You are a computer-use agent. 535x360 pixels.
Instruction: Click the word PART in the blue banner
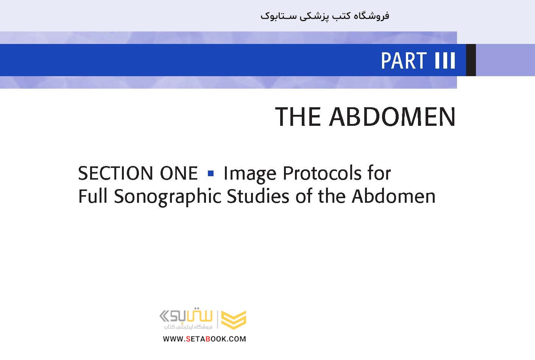pyautogui.click(x=404, y=61)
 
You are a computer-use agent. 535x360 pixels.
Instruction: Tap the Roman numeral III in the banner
pyautogui.click(x=445, y=61)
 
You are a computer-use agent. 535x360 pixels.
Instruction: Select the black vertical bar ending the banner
pyautogui.click(x=471, y=60)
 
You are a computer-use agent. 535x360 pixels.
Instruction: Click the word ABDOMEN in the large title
pyautogui.click(x=392, y=117)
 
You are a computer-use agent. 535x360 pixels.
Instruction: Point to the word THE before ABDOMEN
pyautogui.click(x=298, y=117)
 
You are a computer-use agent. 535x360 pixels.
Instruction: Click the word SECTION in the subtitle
pyautogui.click(x=115, y=173)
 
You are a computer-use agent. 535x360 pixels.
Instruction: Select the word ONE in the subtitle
pyautogui.click(x=179, y=173)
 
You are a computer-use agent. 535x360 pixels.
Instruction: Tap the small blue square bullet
pyautogui.click(x=211, y=173)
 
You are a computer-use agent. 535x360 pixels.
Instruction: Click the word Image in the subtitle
pyautogui.click(x=250, y=174)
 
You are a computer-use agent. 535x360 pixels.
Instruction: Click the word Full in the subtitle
pyautogui.click(x=93, y=196)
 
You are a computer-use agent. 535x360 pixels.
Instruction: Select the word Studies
pyautogui.click(x=258, y=196)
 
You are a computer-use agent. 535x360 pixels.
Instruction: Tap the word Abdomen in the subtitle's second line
pyautogui.click(x=394, y=196)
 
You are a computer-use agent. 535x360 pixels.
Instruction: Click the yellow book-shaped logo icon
pyautogui.click(x=234, y=320)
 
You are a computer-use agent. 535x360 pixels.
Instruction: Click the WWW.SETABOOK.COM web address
pyautogui.click(x=204, y=339)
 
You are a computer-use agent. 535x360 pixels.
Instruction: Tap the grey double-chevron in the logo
pyautogui.click(x=165, y=316)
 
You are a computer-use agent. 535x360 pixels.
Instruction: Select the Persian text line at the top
pyautogui.click(x=325, y=16)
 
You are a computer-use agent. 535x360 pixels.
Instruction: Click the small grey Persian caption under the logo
pyautogui.click(x=188, y=327)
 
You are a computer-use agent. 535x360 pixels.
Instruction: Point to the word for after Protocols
pyautogui.click(x=379, y=173)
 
